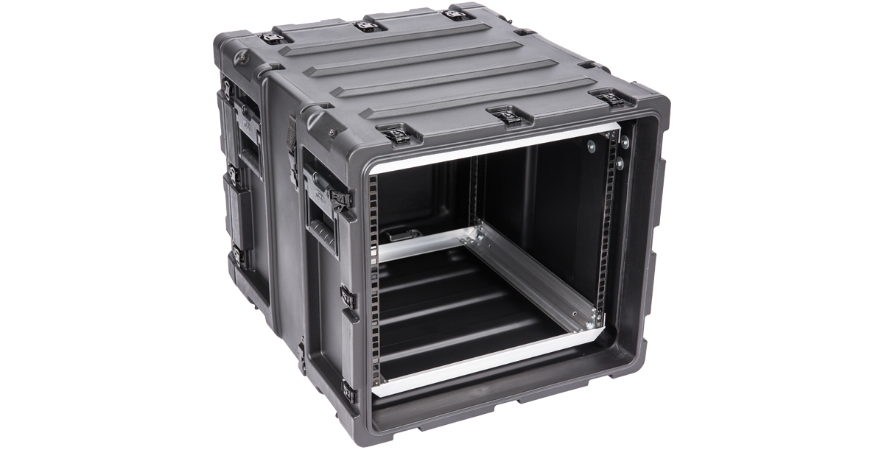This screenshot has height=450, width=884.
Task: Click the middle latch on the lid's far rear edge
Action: pyautogui.click(x=366, y=27)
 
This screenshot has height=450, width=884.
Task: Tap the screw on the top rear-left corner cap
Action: pyautogui.click(x=241, y=56)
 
